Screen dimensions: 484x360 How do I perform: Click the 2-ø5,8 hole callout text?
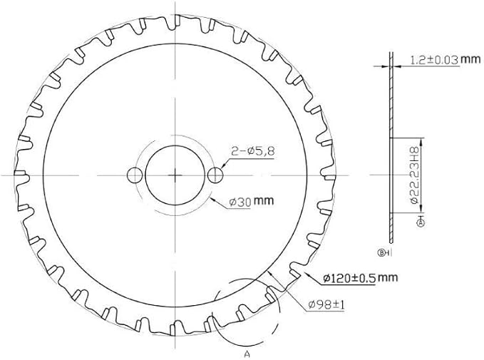point(252,151)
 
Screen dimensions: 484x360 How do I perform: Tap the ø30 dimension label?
point(240,202)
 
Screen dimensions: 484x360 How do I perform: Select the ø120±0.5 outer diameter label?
point(349,278)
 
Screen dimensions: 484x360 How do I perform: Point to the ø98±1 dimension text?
point(326,305)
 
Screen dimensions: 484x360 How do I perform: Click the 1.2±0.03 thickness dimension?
point(434,60)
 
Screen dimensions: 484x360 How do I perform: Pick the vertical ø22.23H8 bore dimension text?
point(414,175)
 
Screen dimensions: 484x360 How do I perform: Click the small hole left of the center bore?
point(135,175)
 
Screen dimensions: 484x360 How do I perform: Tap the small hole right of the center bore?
point(215,175)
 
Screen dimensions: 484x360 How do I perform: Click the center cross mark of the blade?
point(175,175)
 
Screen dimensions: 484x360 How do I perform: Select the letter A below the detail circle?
point(247,354)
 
